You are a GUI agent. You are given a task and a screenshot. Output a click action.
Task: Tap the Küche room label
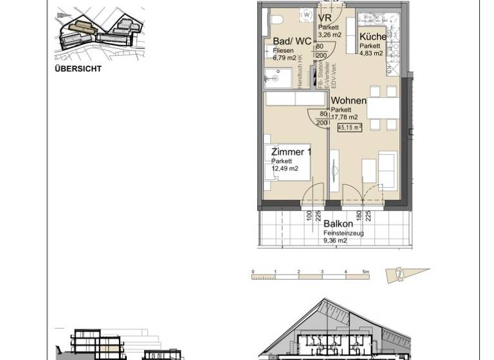click(372, 37)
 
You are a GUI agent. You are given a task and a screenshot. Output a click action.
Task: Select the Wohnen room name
click(349, 101)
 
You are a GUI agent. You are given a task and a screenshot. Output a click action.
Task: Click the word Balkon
click(338, 224)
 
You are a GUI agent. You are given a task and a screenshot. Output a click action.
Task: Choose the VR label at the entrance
click(324, 18)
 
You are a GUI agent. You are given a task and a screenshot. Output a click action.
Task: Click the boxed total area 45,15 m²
click(349, 127)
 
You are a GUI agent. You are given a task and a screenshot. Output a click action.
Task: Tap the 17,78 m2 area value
click(344, 117)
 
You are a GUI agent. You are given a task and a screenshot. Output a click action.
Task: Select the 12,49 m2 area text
click(284, 168)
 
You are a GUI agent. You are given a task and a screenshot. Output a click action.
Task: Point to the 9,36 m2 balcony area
click(334, 240)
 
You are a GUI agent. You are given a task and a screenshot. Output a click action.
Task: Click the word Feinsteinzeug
click(343, 233)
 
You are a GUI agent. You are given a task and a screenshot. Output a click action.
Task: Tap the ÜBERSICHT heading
click(78, 69)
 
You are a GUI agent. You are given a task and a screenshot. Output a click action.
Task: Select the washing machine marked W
click(307, 14)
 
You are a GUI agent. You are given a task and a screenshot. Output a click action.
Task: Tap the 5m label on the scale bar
click(365, 272)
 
